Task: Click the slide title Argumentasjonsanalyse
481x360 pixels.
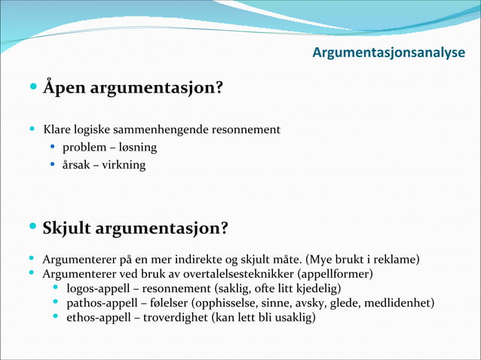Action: coord(388,53)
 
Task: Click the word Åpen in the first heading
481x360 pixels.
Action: coord(64,89)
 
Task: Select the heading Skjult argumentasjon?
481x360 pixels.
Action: coord(136,227)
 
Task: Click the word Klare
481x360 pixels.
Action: coord(57,130)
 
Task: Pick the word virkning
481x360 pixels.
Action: coord(124,164)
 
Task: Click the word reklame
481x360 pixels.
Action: coord(390,260)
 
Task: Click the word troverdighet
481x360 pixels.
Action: coord(181,317)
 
